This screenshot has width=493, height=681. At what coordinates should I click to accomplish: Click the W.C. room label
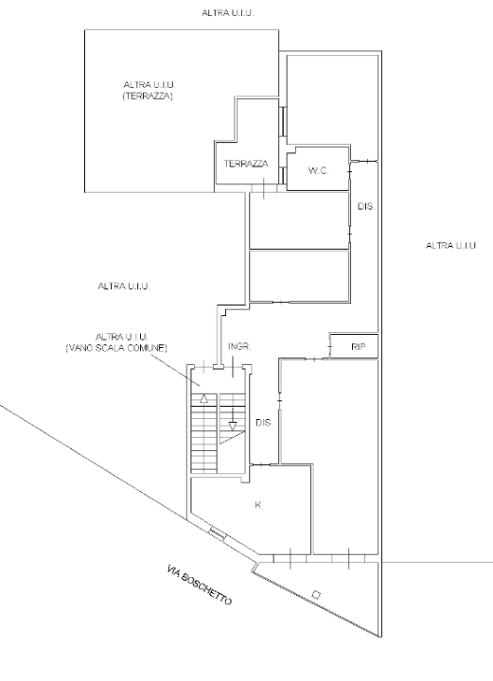(318, 170)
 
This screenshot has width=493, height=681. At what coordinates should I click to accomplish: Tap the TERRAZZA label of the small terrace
(246, 164)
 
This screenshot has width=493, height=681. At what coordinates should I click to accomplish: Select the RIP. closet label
(360, 347)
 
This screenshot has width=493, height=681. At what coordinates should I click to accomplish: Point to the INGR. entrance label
(239, 346)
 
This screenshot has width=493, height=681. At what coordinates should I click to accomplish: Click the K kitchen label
(258, 505)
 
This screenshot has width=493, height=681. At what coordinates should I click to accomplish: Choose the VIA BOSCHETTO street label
(200, 585)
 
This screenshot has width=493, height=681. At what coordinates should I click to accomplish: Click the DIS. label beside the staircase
(264, 423)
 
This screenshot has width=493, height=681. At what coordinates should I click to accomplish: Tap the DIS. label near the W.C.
(366, 207)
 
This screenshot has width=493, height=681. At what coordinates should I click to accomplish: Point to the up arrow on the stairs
(203, 398)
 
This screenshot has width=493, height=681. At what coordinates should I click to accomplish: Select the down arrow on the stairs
(233, 419)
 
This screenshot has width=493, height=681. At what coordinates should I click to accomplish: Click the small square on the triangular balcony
(317, 595)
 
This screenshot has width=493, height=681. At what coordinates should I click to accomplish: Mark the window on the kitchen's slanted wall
(218, 533)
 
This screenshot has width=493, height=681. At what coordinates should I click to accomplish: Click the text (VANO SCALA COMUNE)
(116, 348)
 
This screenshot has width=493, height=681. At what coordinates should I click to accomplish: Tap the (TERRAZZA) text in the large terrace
(148, 96)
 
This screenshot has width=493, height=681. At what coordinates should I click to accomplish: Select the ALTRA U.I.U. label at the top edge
(228, 13)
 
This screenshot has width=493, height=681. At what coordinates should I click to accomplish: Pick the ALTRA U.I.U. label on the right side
(450, 245)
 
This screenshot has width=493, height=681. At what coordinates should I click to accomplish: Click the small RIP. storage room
(354, 346)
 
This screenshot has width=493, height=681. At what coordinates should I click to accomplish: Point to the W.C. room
(318, 168)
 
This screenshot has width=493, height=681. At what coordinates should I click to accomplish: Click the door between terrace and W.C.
(282, 176)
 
